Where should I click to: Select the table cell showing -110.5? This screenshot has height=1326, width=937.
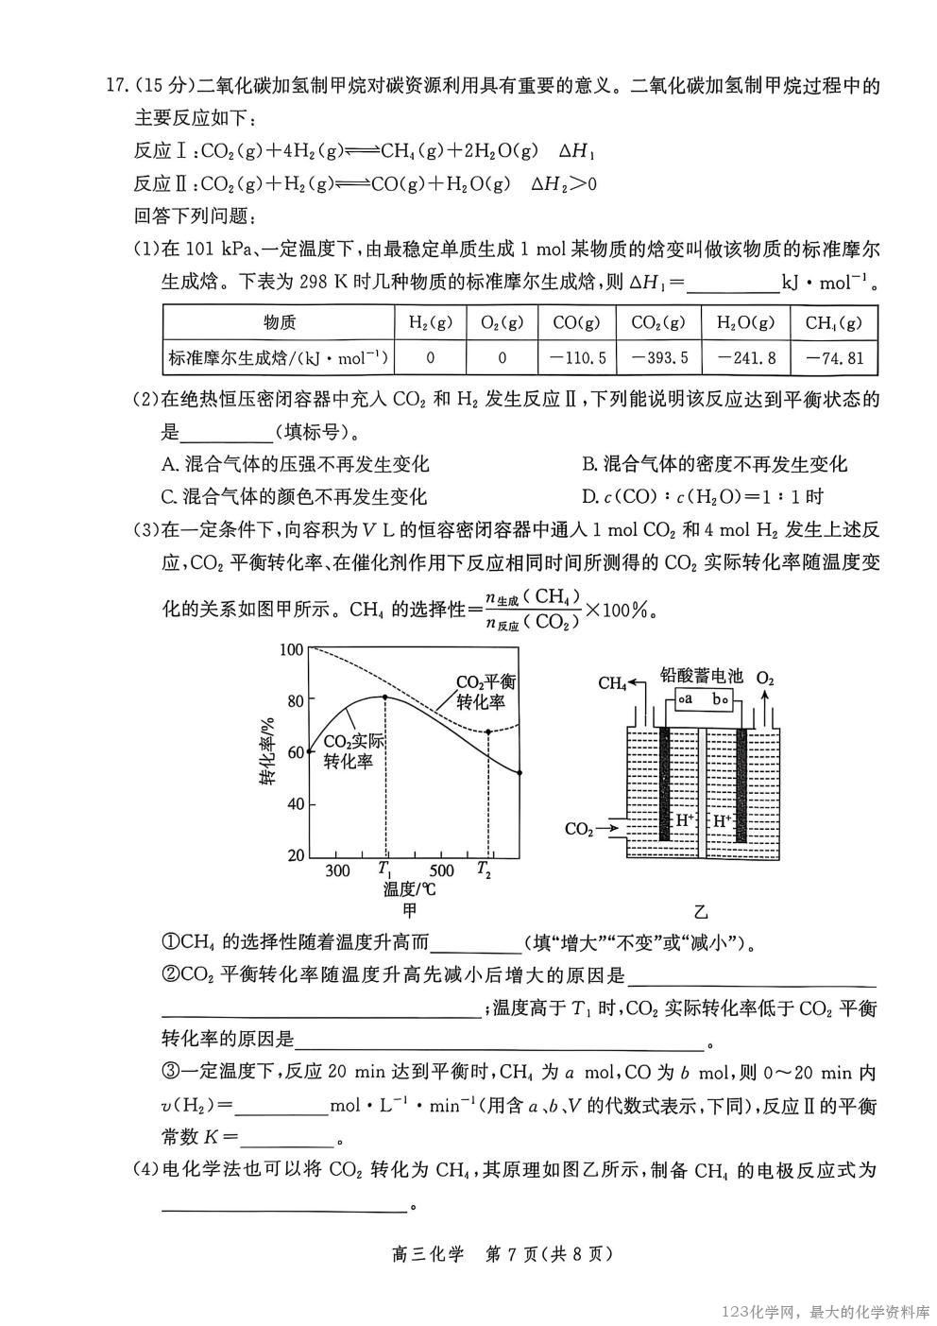point(577,357)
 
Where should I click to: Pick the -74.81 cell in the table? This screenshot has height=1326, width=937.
point(834,357)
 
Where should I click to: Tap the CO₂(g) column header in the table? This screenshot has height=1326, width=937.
point(657,322)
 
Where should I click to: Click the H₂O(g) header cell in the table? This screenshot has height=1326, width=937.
point(745,322)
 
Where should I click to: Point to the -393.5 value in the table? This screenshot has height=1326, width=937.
point(657,357)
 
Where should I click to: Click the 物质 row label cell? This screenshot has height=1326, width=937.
point(280,322)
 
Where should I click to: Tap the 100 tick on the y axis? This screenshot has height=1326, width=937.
point(292,649)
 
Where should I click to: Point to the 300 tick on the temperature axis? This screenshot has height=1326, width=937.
point(337,870)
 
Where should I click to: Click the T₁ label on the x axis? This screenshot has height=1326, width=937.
point(385,870)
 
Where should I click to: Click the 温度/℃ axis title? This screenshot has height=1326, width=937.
point(409,889)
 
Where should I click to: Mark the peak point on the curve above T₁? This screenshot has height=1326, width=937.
point(385,697)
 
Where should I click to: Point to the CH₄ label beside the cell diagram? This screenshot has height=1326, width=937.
point(612,682)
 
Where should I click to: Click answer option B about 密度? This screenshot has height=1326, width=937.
point(714,463)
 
